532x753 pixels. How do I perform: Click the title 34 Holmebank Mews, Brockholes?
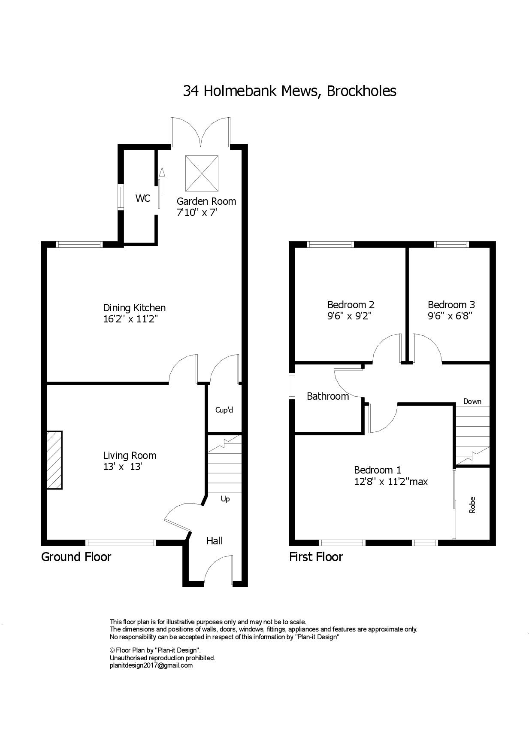(290, 91)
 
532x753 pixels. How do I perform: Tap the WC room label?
(143, 198)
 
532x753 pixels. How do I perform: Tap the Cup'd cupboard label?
(224, 410)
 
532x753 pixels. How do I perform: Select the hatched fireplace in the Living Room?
(54, 460)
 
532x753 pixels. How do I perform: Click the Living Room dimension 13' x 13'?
(122, 467)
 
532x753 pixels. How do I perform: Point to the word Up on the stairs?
(225, 499)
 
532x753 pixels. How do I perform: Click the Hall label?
(215, 540)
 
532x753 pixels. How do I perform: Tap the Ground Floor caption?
(76, 557)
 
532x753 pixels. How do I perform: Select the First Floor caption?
(316, 557)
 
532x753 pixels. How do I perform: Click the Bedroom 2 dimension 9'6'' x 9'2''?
(349, 316)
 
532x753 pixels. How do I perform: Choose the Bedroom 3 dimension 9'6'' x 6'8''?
(450, 316)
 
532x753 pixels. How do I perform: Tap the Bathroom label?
(328, 396)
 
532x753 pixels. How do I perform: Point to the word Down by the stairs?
(472, 401)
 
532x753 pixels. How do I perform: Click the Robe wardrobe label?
(472, 505)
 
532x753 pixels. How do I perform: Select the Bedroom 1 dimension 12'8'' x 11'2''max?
(391, 482)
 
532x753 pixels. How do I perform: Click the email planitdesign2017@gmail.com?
(151, 665)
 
